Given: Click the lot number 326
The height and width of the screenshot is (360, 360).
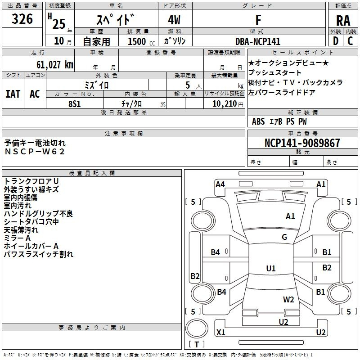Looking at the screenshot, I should click(x=22, y=19).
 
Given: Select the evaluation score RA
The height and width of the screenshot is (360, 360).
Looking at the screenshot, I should click(x=343, y=20).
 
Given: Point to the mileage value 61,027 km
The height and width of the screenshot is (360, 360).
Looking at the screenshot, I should click(x=53, y=65).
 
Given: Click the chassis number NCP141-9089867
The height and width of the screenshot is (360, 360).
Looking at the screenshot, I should click(x=302, y=143).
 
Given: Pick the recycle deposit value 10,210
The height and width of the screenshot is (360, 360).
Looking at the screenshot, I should click(x=224, y=103).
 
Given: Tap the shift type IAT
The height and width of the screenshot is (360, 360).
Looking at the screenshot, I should click(x=13, y=94).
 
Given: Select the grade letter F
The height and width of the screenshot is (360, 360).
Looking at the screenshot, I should click(x=258, y=20).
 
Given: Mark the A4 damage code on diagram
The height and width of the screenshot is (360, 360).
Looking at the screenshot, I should click(x=220, y=184).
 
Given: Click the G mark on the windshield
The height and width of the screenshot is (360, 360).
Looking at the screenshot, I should click(x=284, y=237).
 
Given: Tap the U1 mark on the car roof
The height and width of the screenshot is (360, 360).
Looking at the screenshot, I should click(x=271, y=269).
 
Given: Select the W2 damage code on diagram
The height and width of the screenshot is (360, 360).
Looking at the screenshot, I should click(x=288, y=299).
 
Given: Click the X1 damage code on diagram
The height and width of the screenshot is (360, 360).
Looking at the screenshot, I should click(x=221, y=333).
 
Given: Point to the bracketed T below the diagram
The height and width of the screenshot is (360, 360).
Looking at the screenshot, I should click(x=197, y=344).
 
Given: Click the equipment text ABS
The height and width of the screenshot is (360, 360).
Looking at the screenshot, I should click(x=258, y=121).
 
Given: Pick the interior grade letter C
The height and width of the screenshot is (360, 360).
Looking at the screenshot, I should click(x=350, y=41).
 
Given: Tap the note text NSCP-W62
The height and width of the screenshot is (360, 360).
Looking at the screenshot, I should click(x=35, y=151).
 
